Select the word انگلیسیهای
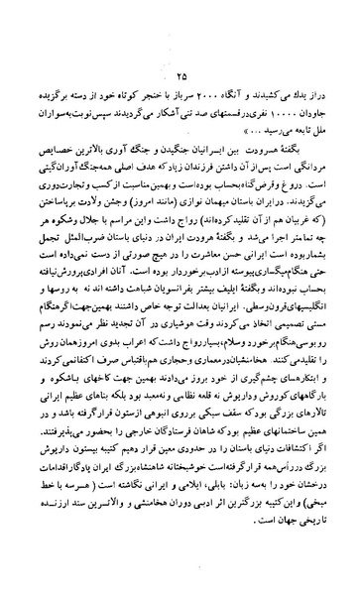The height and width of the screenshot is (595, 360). click(301, 304)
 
